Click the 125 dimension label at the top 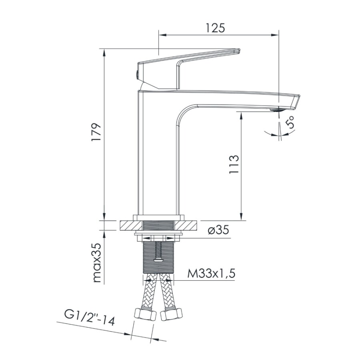pyautogui.click(x=216, y=28)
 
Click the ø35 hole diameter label pyautogui.click(x=218, y=231)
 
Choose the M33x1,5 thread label pyautogui.click(x=211, y=274)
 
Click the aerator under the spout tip pyautogui.click(x=277, y=109)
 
